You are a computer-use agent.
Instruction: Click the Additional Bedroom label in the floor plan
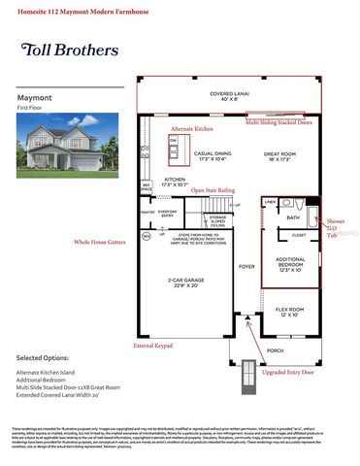tap(290, 265)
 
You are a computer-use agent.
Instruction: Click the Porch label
tap(275, 350)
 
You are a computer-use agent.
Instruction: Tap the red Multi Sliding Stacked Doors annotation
tap(278, 123)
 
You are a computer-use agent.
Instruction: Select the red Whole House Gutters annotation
tap(100, 243)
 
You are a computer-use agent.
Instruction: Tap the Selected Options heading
tap(49, 357)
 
